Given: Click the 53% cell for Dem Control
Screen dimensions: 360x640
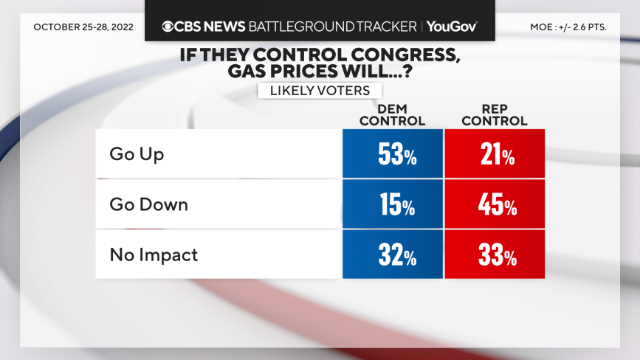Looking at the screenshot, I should tap(393, 154).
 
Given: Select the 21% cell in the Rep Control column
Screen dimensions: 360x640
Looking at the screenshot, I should tap(495, 154).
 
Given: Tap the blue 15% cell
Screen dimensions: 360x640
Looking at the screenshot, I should tap(393, 204).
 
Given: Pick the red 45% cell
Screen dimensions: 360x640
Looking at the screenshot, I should tap(495, 204).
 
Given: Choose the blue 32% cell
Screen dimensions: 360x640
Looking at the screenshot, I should tap(393, 255).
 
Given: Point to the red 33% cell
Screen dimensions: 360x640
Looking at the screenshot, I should tap(495, 255).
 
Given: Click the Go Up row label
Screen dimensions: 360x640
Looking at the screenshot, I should tap(137, 154).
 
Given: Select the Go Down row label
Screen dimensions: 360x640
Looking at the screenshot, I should tap(148, 204).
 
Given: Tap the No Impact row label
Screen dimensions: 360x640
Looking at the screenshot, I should tap(154, 255).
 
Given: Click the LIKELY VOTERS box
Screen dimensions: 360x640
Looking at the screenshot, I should tap(320, 90).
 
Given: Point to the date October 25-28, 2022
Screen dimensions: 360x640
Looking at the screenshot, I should tap(83, 27).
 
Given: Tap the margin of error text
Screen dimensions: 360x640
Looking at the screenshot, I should tap(568, 27).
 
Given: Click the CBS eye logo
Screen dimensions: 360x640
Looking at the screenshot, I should tap(168, 27).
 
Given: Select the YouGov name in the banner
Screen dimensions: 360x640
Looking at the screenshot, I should tap(451, 27).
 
